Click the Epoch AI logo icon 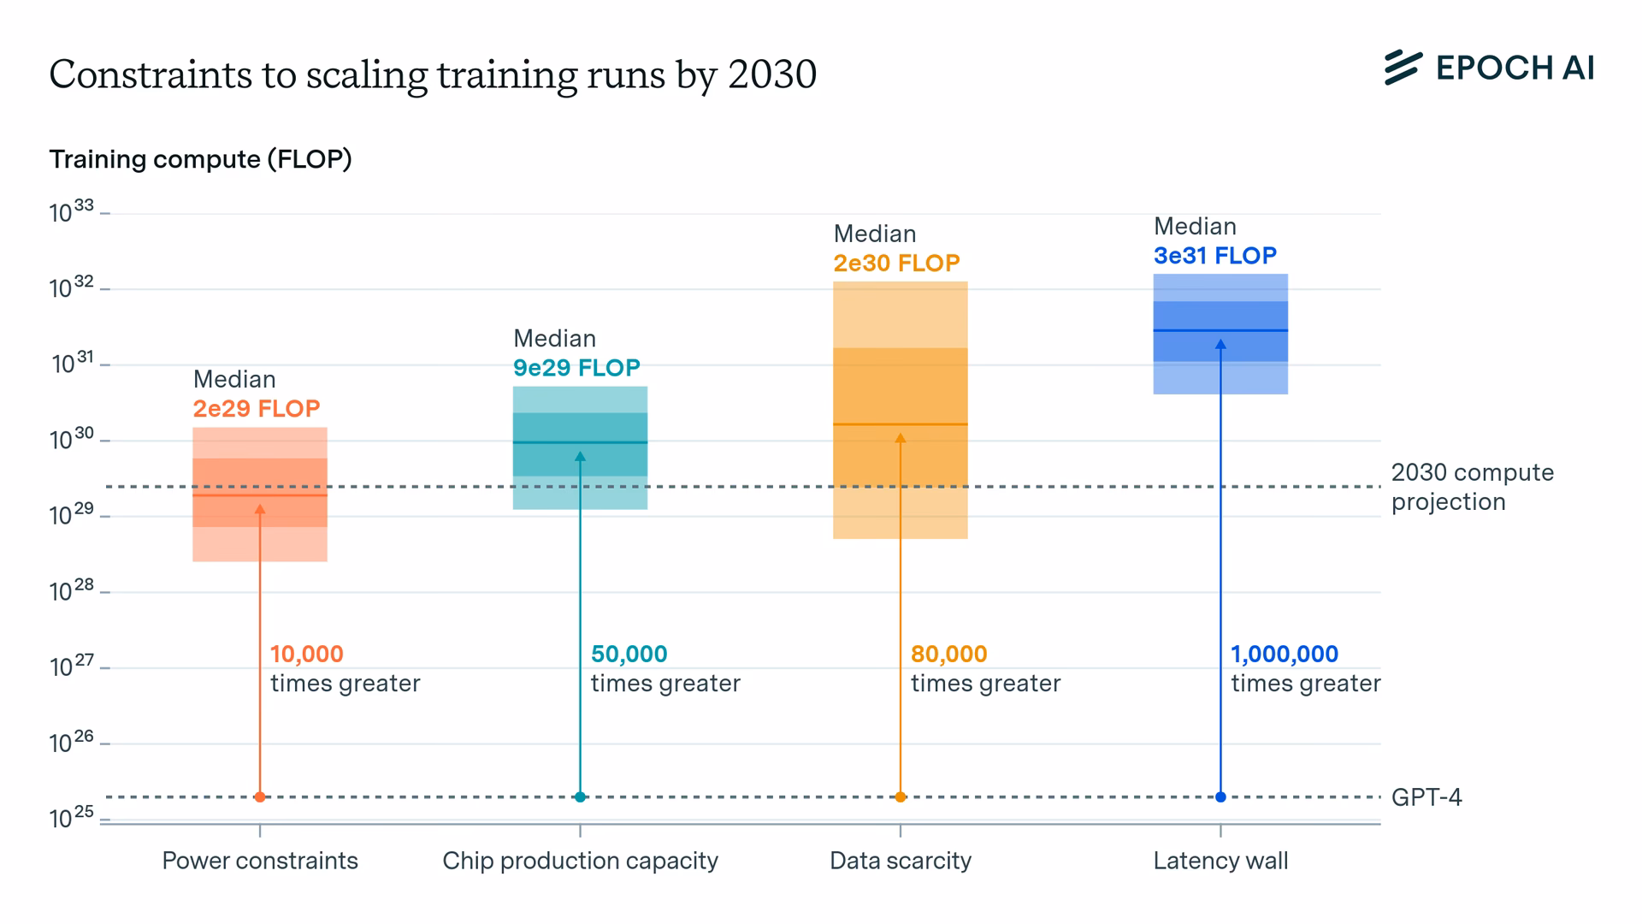pos(1403,68)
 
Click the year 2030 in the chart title pos(772,74)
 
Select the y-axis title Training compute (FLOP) pos(200,159)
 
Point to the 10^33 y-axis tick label pos(71,211)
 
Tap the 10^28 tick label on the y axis pos(71,590)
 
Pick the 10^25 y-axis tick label pos(71,818)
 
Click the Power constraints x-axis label pos(260,861)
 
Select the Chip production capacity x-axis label pos(580,861)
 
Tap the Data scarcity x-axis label pos(901,861)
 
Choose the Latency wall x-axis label pos(1220,861)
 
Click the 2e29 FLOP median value pos(256,409)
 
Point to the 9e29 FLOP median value pos(576,368)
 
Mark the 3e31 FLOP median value pos(1214,256)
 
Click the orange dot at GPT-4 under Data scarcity pos(901,797)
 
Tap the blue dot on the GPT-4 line pos(1220,797)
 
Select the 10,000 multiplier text pos(307,654)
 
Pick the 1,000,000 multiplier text pos(1284,654)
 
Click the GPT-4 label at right pos(1426,797)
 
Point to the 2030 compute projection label pos(1472,487)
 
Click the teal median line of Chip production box pos(616,442)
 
